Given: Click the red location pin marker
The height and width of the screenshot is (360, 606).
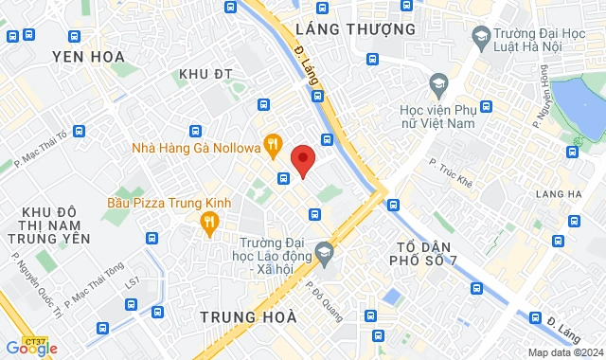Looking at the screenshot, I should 302,160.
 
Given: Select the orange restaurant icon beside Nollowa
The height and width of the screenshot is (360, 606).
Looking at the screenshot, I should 273,145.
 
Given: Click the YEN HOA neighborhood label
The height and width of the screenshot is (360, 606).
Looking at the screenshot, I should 89,57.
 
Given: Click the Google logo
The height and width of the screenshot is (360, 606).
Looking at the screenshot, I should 31,348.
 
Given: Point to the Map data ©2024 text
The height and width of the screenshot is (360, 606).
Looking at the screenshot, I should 563,352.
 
